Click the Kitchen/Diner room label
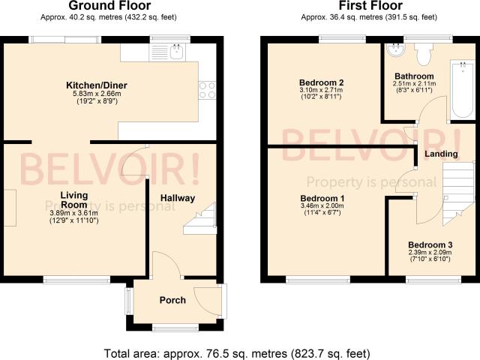[97, 85]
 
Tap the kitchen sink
[177, 52]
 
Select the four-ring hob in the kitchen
[207, 90]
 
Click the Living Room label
[74, 200]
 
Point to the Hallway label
[178, 198]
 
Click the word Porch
[172, 300]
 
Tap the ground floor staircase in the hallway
[200, 218]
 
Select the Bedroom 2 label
[322, 82]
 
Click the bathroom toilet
[424, 54]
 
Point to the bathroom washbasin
[395, 50]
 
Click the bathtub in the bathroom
[463, 89]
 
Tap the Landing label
[441, 154]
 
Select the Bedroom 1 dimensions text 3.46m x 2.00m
[322, 205]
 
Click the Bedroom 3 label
[430, 245]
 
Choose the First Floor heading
[370, 5]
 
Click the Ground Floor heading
[109, 5]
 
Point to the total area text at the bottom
[237, 353]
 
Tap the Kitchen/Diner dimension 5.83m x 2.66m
[97, 94]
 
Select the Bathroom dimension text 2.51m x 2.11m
[414, 83]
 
